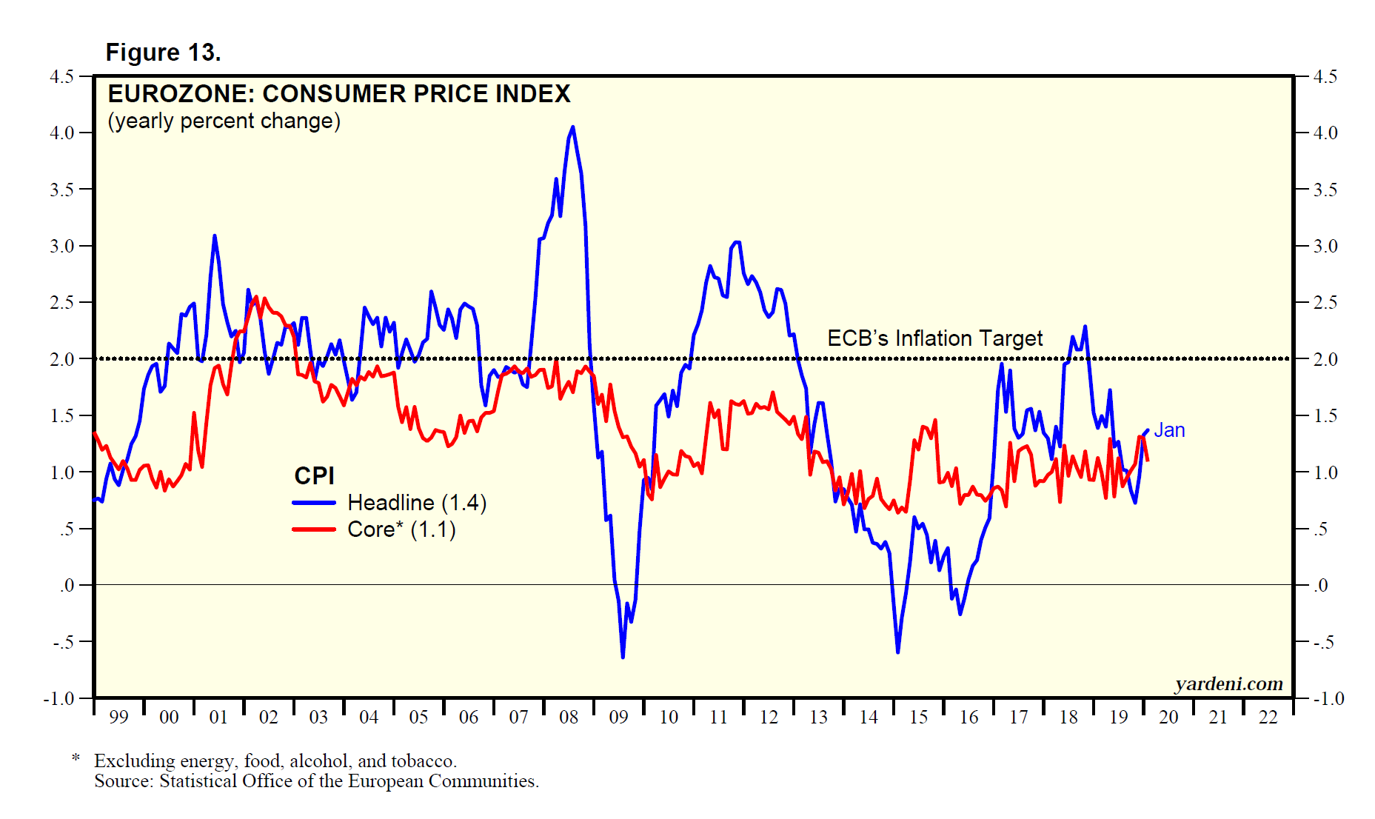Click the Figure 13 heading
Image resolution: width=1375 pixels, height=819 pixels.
pyautogui.click(x=163, y=53)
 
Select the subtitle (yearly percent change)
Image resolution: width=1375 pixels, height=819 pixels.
pyautogui.click(x=224, y=121)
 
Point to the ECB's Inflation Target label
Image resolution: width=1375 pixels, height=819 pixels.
pyautogui.click(x=934, y=338)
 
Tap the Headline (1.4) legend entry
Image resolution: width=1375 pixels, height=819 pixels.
pyautogui.click(x=416, y=503)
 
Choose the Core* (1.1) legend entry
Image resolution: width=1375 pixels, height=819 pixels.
pyautogui.click(x=401, y=529)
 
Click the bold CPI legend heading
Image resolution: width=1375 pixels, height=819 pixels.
pyautogui.click(x=314, y=475)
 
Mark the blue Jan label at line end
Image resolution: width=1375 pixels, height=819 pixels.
pyautogui.click(x=1169, y=430)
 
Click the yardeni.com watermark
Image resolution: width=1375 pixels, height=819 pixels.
pyautogui.click(x=1228, y=683)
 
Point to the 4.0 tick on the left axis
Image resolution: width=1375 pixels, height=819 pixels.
pyautogui.click(x=62, y=133)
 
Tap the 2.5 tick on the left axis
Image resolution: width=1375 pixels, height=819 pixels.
pyautogui.click(x=62, y=303)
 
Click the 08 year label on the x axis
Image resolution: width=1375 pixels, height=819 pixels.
pyautogui.click(x=569, y=717)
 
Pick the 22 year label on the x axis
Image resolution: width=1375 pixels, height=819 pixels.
pyautogui.click(x=1268, y=717)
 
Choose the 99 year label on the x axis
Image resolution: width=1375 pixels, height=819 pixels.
pyautogui.click(x=118, y=717)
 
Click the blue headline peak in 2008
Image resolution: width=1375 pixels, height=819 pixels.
pyautogui.click(x=572, y=127)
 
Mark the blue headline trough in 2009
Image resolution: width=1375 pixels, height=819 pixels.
pyautogui.click(x=623, y=656)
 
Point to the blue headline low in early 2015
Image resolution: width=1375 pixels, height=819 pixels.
pyautogui.click(x=898, y=652)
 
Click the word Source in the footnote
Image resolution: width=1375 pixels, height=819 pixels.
pyautogui.click(x=122, y=781)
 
